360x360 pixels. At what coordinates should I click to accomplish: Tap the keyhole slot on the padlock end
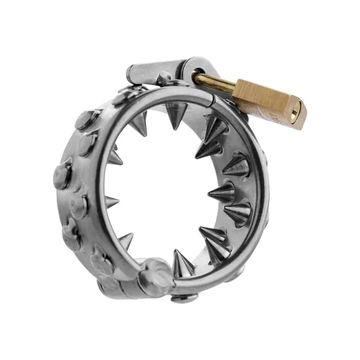(x=294, y=113)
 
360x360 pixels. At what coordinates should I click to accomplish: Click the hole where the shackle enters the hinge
(x=197, y=76)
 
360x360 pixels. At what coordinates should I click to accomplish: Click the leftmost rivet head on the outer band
(x=62, y=173)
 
